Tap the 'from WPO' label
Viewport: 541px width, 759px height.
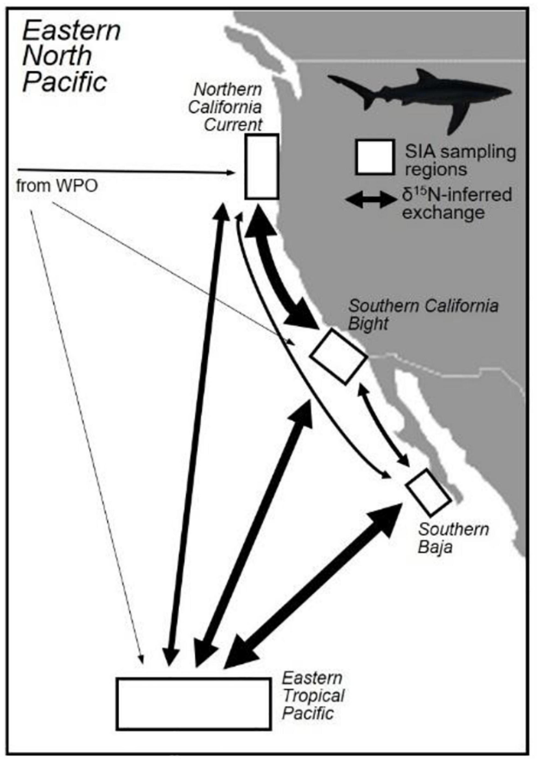point(57,185)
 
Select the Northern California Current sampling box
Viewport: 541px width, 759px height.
point(262,166)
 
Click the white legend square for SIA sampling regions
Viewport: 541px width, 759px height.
point(375,157)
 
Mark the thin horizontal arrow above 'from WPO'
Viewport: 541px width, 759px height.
point(123,172)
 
